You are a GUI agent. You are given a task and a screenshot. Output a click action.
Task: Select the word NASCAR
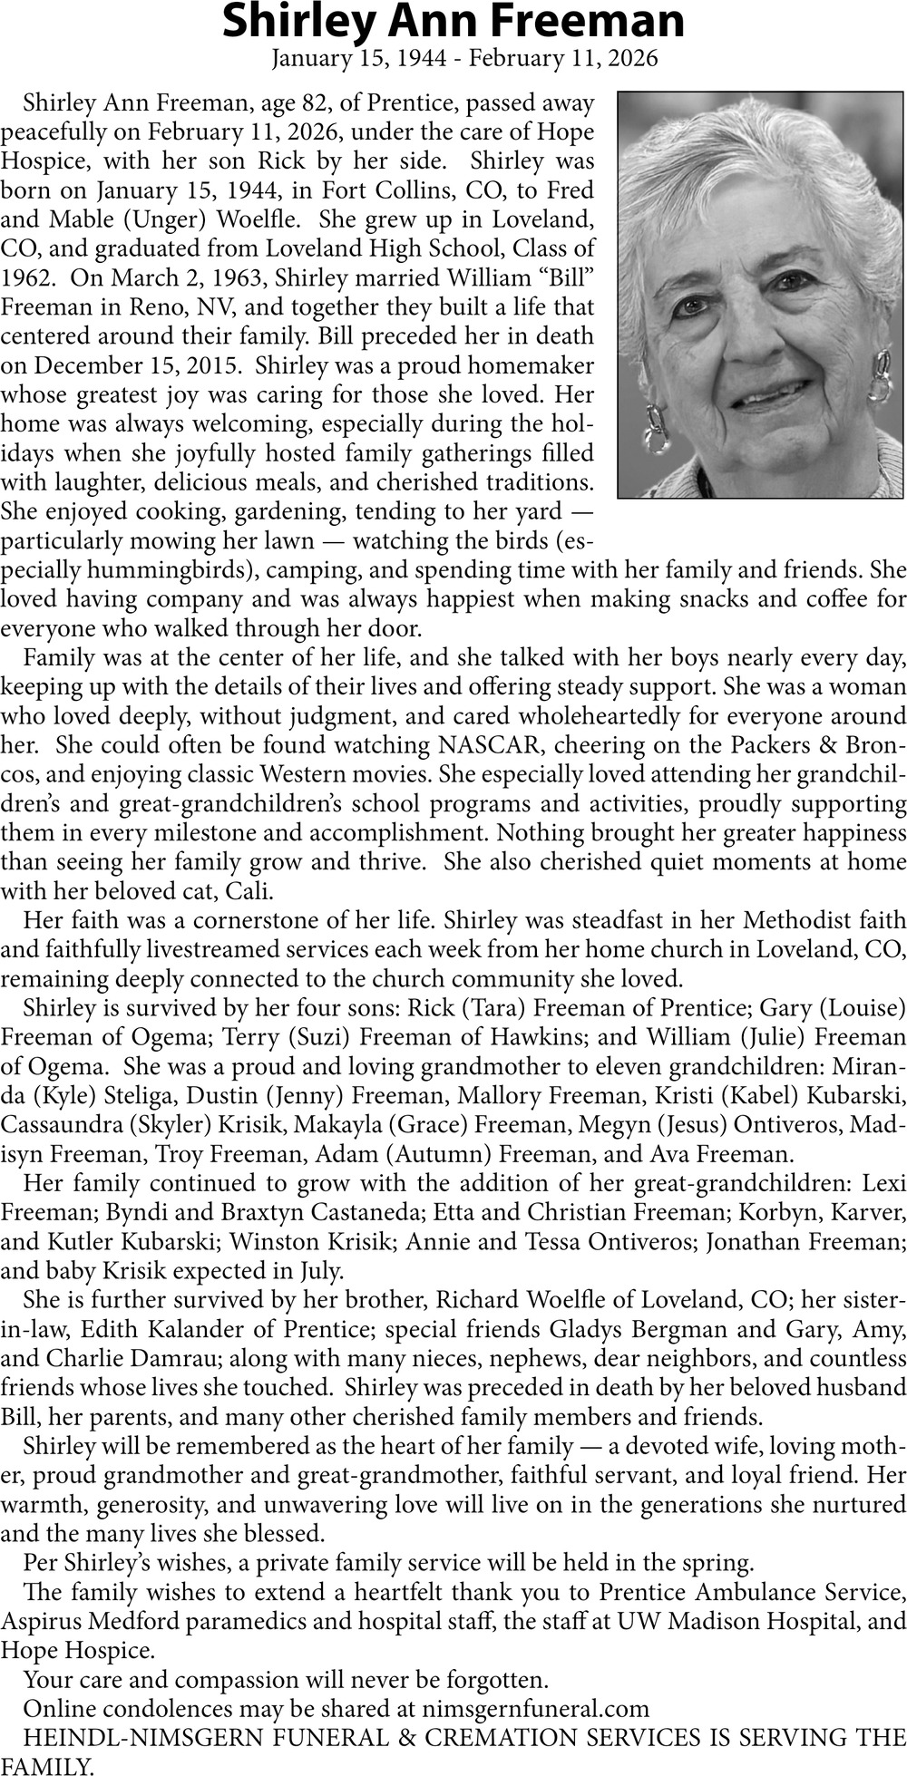[490, 745]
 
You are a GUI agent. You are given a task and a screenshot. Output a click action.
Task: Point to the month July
[317, 1270]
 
